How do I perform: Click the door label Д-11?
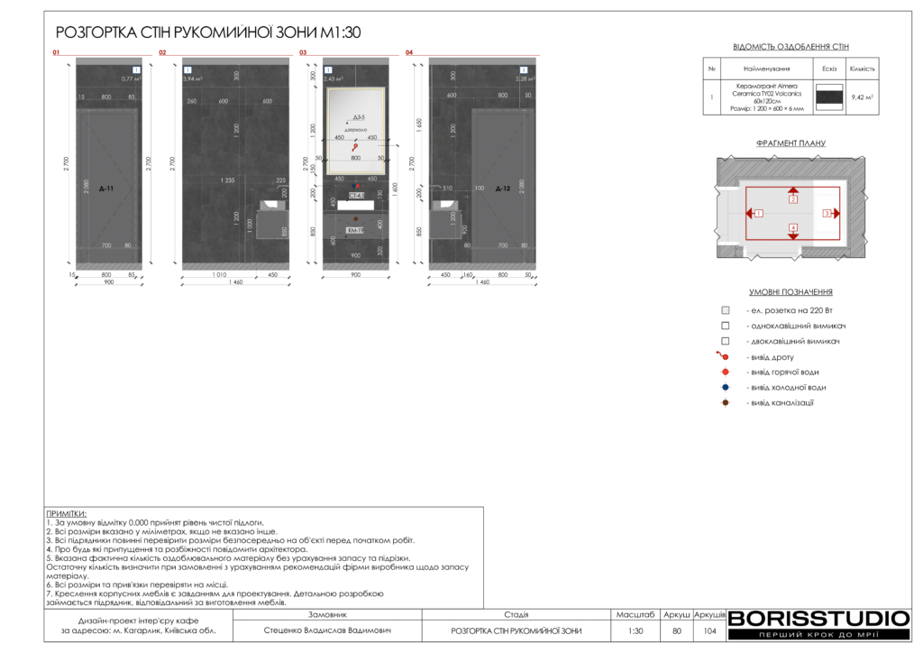(106, 189)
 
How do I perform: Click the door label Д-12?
(503, 189)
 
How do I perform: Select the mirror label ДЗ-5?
(358, 118)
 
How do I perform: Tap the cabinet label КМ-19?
(355, 230)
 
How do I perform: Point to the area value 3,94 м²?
(193, 79)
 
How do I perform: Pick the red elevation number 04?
(409, 53)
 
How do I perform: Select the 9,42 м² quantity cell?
(863, 97)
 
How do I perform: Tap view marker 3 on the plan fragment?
(827, 214)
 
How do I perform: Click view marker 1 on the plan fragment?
(759, 214)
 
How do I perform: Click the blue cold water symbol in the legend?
(725, 387)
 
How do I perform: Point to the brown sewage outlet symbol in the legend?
(725, 402)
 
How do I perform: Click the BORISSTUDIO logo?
(818, 619)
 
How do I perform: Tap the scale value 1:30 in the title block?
(635, 631)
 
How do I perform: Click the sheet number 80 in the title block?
(677, 631)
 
